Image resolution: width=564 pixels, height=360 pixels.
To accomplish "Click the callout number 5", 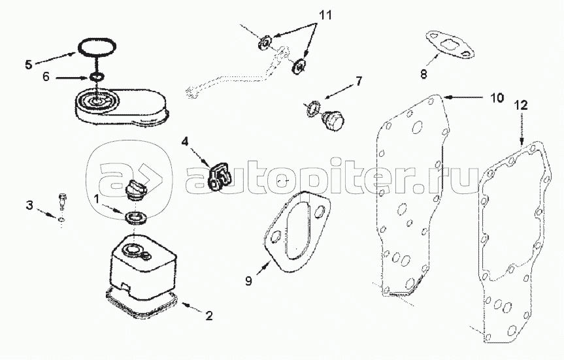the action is coord(28,65).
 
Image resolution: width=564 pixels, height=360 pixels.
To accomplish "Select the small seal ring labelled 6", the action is coord(97,76).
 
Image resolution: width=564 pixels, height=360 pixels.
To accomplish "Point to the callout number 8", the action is coord(423,74).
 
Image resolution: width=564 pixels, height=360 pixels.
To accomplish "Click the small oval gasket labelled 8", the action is coord(450,46).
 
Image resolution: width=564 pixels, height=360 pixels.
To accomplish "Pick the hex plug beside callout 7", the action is coord(332,120).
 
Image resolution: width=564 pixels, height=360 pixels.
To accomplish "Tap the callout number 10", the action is coord(497,97).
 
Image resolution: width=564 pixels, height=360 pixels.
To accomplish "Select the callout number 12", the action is coord(521,105).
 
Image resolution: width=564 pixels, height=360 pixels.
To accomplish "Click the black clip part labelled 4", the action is coord(220,177).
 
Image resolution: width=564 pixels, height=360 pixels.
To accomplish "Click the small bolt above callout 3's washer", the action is coord(62,201).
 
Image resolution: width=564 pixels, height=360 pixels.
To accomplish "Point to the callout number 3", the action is coord(29,205).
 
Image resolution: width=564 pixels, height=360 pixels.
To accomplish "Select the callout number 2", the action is coord(209,316).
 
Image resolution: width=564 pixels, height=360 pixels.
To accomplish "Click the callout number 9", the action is coord(248,280).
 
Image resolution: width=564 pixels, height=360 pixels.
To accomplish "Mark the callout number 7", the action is coord(359,81).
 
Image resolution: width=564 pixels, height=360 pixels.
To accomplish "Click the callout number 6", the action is coord(46,76).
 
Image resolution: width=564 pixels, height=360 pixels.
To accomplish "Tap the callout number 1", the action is coord(96,198).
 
